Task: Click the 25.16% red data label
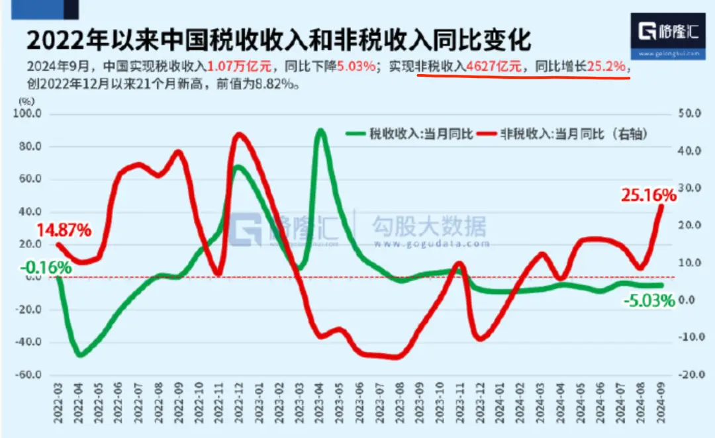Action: click(648, 195)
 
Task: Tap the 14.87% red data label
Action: click(63, 231)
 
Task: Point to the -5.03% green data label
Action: click(649, 301)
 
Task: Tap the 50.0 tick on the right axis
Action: click(689, 114)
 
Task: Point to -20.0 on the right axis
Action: click(689, 374)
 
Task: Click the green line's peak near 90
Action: click(320, 130)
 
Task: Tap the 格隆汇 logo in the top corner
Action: click(668, 32)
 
